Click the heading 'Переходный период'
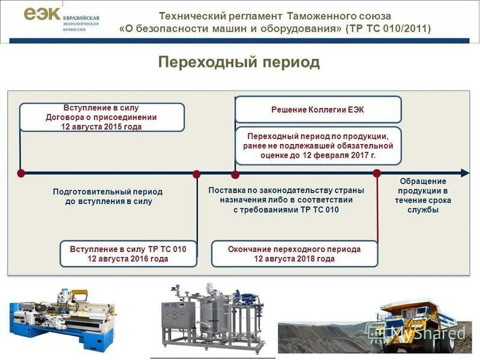[239, 62]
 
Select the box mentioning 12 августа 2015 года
[101, 118]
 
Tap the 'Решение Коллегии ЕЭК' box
[317, 110]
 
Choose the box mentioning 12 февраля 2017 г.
[318, 146]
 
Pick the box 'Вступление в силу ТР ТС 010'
[128, 254]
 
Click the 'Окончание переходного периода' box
[294, 254]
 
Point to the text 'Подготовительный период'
[108, 192]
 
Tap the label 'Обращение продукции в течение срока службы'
[422, 196]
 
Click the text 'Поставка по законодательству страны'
[286, 190]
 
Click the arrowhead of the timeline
[465, 173]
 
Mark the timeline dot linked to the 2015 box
[21, 173]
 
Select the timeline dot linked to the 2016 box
[196, 174]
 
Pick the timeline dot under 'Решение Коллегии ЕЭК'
[235, 174]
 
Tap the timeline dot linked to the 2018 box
[377, 173]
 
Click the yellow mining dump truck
[420, 327]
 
